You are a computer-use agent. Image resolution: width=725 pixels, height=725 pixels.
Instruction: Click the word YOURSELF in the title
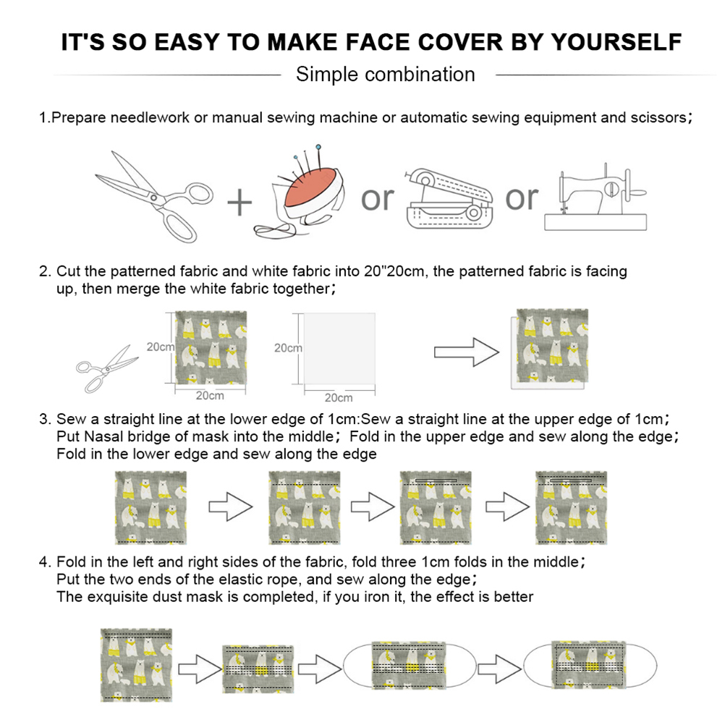point(616,42)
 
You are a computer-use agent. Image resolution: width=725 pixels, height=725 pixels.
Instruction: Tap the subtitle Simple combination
point(385,75)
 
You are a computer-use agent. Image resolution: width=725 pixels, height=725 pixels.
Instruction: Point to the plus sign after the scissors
point(239,203)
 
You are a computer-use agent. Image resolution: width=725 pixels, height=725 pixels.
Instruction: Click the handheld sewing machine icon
point(449,199)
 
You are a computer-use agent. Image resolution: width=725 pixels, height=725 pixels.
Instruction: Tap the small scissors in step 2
point(107,369)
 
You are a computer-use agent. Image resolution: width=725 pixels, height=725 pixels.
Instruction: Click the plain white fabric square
point(339,349)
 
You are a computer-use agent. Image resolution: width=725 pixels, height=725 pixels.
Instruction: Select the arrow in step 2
point(467,352)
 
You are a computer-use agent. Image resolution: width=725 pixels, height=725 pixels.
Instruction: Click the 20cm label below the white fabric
point(339,398)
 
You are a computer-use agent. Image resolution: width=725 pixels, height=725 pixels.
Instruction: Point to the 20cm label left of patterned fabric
point(161,347)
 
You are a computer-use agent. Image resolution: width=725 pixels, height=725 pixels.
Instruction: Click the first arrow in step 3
point(231,506)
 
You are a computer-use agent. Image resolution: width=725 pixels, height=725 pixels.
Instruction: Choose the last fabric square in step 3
point(571,508)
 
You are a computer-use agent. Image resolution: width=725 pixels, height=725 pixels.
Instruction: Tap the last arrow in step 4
point(499,669)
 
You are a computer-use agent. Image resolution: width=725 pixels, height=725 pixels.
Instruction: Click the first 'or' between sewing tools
point(377,199)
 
